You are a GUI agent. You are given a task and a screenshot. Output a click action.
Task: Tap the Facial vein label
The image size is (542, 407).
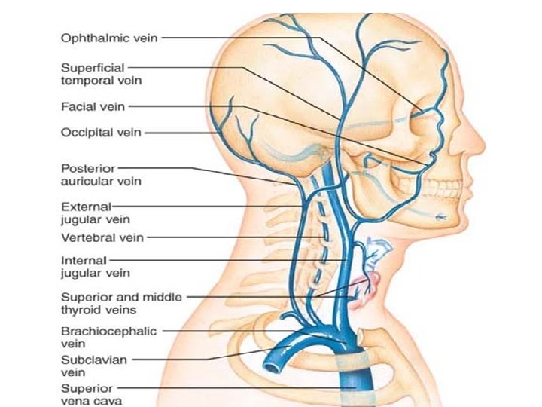pos(93,106)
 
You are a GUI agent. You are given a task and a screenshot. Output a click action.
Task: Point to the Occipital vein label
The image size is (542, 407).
pos(99,133)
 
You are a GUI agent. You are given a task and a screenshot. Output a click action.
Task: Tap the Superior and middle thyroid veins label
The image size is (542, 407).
pos(120,303)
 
